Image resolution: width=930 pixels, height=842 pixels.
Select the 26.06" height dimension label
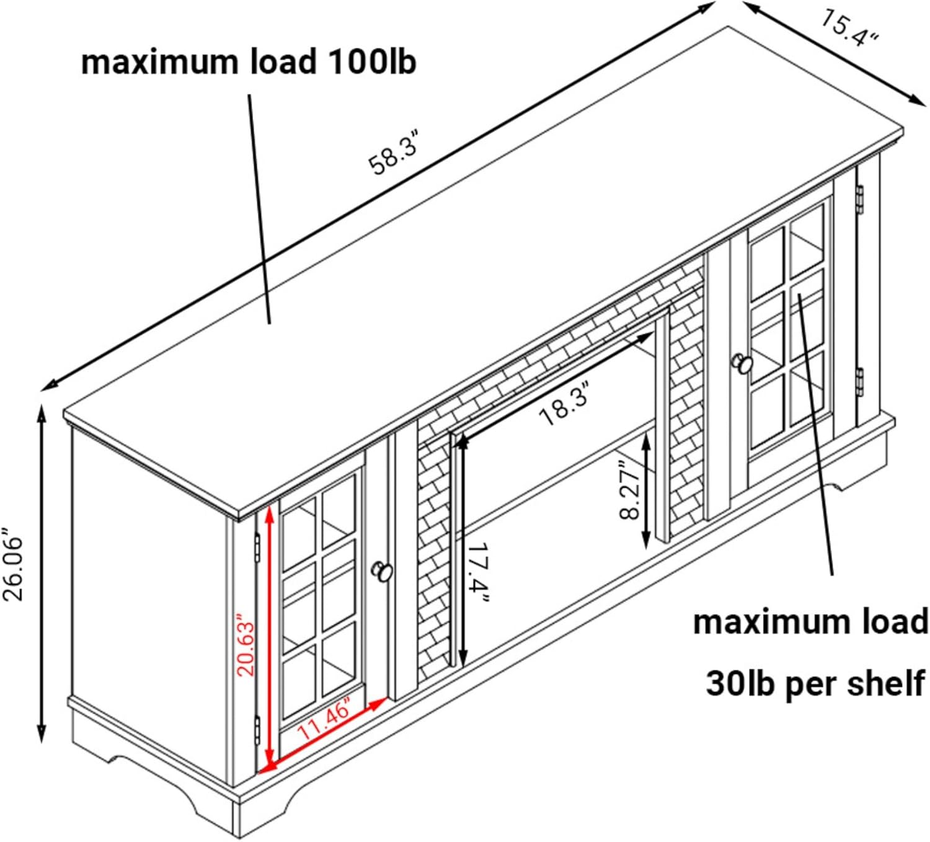coord(14,564)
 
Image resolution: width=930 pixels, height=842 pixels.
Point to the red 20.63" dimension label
coord(246,645)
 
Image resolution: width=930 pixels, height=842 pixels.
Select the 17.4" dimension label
coord(478,576)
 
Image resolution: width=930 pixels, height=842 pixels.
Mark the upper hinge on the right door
coord(859,198)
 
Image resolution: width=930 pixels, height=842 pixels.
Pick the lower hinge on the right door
coord(860,381)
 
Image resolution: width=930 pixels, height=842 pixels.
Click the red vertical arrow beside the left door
coord(270,639)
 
